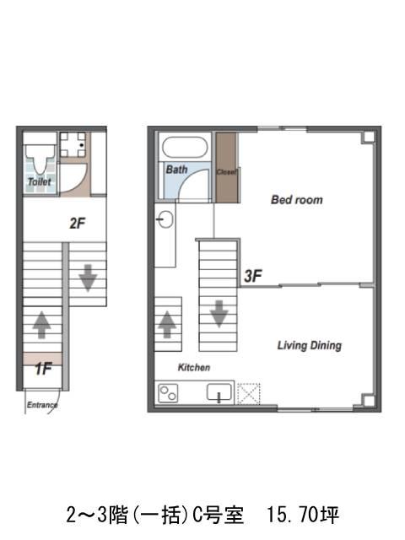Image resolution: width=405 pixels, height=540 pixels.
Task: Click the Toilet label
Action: click(x=40, y=181)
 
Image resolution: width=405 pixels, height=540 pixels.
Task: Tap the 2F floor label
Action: click(x=78, y=223)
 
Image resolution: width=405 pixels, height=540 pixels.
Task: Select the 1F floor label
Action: click(x=43, y=369)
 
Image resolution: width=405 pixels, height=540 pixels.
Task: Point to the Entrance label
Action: click(x=42, y=405)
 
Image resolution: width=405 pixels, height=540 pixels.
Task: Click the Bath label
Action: click(x=176, y=170)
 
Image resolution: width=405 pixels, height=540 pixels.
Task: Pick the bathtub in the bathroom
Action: click(x=185, y=147)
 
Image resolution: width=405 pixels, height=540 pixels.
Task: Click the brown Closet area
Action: click(x=226, y=167)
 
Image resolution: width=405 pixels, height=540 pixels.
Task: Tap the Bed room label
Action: click(x=297, y=199)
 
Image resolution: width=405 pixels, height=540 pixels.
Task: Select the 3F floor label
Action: click(x=253, y=276)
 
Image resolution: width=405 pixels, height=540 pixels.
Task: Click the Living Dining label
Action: click(x=310, y=345)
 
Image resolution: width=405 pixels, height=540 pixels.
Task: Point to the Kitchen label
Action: click(x=194, y=368)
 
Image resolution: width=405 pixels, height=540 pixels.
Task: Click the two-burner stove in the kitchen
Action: click(x=168, y=393)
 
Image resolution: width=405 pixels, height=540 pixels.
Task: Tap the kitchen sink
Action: click(x=219, y=392)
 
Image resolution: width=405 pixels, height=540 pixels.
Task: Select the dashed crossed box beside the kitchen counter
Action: click(x=249, y=394)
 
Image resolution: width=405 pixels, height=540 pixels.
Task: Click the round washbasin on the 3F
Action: click(x=165, y=219)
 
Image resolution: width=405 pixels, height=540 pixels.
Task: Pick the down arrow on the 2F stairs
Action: click(x=88, y=278)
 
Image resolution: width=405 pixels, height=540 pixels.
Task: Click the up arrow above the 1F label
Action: click(x=41, y=324)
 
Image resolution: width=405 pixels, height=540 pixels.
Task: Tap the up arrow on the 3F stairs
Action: click(x=167, y=324)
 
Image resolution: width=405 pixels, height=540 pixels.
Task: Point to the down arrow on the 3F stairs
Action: click(x=219, y=314)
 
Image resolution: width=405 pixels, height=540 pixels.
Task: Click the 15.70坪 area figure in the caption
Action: click(x=303, y=515)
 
